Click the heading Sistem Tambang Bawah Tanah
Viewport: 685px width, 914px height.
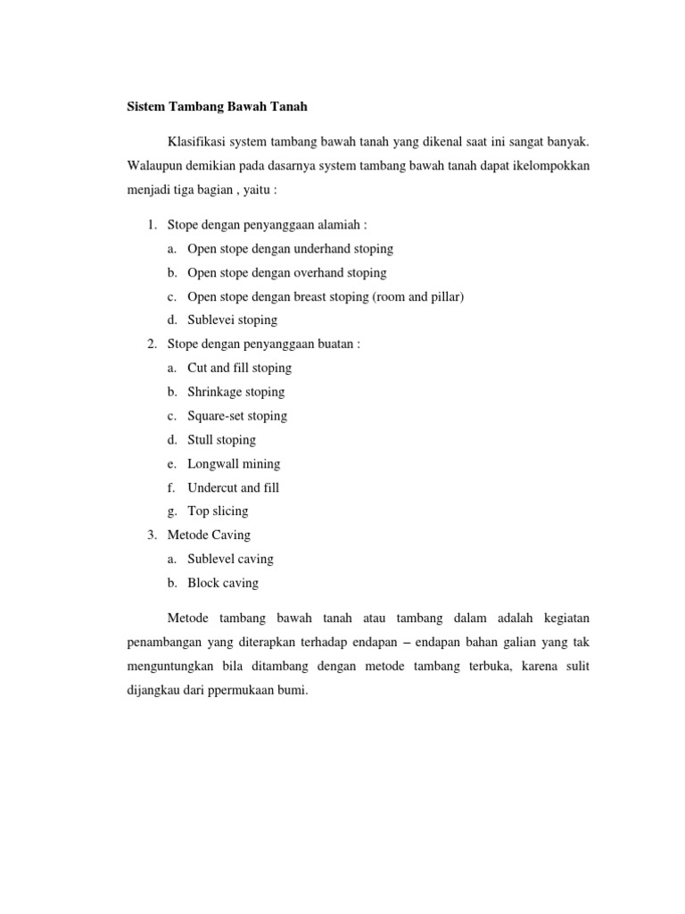click(214, 107)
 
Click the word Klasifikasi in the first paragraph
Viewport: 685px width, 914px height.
click(196, 142)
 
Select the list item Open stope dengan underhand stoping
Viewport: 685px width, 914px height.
click(290, 248)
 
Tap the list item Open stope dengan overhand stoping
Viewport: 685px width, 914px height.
click(286, 272)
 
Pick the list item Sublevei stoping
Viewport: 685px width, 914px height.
click(232, 320)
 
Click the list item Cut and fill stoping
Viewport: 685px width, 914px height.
click(239, 368)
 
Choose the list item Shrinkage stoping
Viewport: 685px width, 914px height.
click(235, 392)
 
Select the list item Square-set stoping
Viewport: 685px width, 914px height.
click(237, 416)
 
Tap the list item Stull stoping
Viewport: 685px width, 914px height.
click(221, 440)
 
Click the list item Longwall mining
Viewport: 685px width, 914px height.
click(234, 464)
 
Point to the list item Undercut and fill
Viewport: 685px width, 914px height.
click(233, 487)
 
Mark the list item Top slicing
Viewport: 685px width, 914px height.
click(218, 511)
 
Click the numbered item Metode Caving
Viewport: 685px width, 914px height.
click(209, 535)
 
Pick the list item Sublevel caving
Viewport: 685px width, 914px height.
click(230, 559)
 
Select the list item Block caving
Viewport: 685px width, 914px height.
click(223, 583)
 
